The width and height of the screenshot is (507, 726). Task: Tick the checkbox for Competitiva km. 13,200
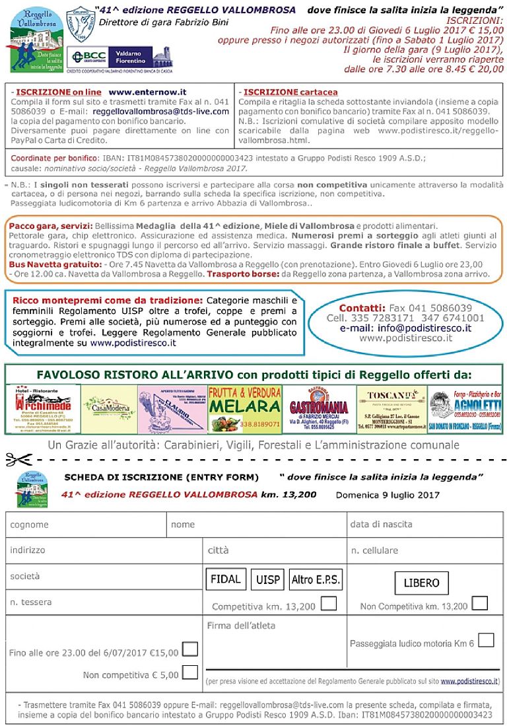pos(328,603)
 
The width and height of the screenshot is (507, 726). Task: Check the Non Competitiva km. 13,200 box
pos(480,603)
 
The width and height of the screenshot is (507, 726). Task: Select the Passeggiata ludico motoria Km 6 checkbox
pos(485,640)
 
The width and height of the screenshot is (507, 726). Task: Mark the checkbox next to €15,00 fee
pos(189,649)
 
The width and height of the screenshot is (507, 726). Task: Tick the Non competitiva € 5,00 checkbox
pos(189,672)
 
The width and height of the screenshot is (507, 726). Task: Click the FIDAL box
pos(225,579)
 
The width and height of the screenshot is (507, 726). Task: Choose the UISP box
pos(267,580)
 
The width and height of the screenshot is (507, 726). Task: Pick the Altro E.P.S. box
pos(316,580)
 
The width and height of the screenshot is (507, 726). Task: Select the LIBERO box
pos(421,583)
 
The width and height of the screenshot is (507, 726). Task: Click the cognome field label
pos(29,525)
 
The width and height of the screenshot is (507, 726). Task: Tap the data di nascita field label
pos(381,525)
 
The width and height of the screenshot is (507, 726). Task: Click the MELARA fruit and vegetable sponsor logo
pos(245,408)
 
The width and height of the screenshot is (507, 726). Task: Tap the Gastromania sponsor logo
pos(318,409)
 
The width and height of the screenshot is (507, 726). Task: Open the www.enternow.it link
pos(147,92)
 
